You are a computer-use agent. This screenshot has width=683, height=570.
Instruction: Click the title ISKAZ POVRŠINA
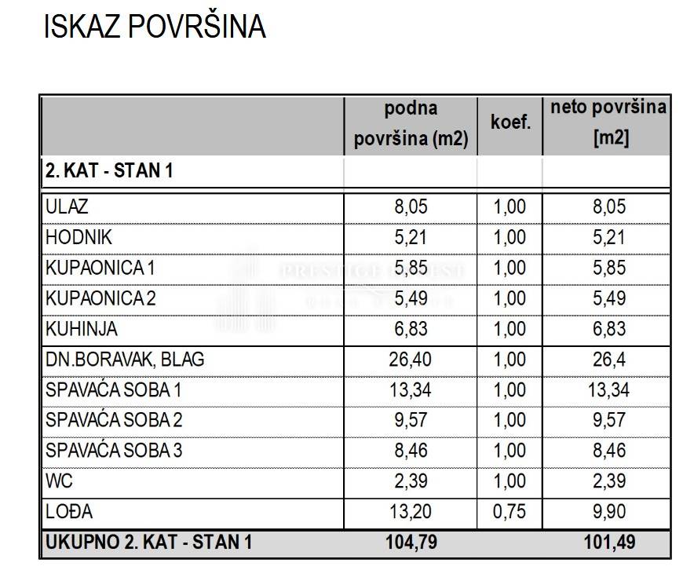pyautogui.click(x=155, y=27)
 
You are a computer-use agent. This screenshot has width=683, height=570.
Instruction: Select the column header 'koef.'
pyautogui.click(x=510, y=123)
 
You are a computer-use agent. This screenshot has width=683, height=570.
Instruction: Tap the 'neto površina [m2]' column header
pyautogui.click(x=608, y=123)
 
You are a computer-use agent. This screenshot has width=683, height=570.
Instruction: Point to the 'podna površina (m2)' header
pyautogui.click(x=411, y=124)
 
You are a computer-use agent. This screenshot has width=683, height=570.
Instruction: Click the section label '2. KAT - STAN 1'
pyautogui.click(x=109, y=171)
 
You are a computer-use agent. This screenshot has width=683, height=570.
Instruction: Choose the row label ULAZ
pyautogui.click(x=68, y=207)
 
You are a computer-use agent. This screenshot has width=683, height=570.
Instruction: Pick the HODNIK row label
pyautogui.click(x=80, y=237)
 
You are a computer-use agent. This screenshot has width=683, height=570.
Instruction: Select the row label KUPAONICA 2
pyautogui.click(x=101, y=298)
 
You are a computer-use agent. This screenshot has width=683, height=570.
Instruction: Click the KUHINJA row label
pyautogui.click(x=82, y=329)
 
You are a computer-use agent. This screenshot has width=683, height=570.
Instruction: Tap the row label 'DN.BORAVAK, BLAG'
pyautogui.click(x=125, y=360)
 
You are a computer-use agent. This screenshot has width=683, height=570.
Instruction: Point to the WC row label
pyautogui.click(x=59, y=481)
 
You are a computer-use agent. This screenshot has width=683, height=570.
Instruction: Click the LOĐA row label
pyautogui.click(x=69, y=512)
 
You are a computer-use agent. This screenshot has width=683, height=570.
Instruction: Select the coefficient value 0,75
pyautogui.click(x=510, y=512)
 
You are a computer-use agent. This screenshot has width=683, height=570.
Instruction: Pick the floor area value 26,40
pyautogui.click(x=411, y=360)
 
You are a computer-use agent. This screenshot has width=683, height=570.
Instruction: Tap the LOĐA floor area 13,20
pyautogui.click(x=411, y=512)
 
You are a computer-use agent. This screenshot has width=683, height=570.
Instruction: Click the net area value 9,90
pyautogui.click(x=608, y=512)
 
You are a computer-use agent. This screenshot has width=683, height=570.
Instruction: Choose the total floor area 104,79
pyautogui.click(x=411, y=542)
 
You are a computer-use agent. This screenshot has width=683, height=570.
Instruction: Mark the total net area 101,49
pyautogui.click(x=608, y=542)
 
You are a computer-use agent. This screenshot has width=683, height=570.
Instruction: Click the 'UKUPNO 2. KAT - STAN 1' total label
pyautogui.click(x=149, y=542)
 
